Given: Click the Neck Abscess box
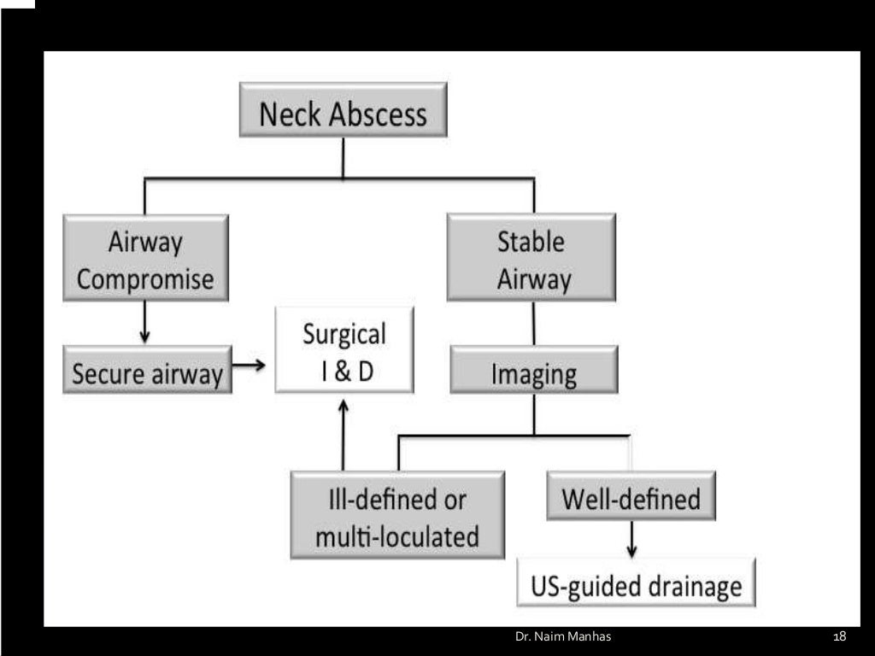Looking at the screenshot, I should pos(343,110).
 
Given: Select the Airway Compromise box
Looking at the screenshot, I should pos(145,258).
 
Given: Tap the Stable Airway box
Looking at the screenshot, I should pos(531,258).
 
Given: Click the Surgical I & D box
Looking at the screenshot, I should pos(344,350).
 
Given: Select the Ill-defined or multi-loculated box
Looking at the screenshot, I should pos(396,515).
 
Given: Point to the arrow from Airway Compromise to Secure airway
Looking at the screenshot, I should pos(144,322).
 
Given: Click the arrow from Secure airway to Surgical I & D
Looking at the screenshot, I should pos(250,366).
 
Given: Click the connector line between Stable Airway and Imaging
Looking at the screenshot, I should pos(534,323).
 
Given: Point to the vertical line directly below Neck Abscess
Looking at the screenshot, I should pos(343,157).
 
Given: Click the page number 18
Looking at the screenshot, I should pos(839,637).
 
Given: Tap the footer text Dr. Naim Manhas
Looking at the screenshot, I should pos(563,637).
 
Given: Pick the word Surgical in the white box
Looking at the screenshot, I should pos(344,333).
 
